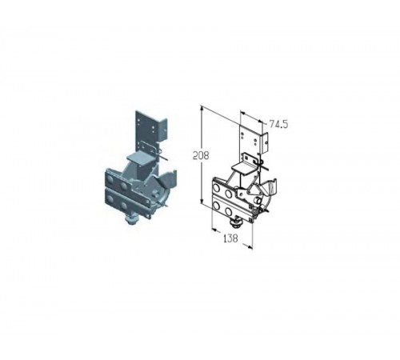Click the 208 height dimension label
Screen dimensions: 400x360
[201, 155]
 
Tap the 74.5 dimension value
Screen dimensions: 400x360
[278, 124]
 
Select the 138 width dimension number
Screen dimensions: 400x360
[230, 238]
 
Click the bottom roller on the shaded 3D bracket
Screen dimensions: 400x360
[132, 221]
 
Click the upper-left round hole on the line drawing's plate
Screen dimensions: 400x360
[216, 188]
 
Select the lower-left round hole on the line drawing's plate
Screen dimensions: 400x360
[216, 206]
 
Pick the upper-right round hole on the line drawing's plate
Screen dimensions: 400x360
[228, 194]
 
